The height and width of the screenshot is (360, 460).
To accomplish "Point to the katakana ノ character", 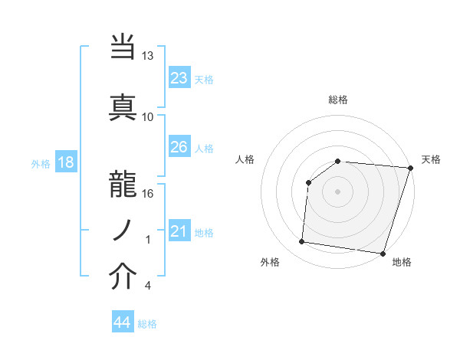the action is [x=123, y=228].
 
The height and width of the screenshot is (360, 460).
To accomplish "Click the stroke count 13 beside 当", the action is [x=148, y=56].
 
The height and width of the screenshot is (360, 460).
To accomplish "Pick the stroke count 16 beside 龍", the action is [x=148, y=193].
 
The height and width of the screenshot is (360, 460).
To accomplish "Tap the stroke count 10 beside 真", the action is [x=148, y=116].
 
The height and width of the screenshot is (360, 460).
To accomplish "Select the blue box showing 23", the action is [x=179, y=78].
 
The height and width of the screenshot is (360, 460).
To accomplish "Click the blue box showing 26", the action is [x=179, y=147].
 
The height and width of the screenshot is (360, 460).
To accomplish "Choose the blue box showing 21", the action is [x=179, y=231].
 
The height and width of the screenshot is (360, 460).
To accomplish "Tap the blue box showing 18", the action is [x=64, y=162].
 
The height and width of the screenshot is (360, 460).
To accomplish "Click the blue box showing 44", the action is [x=122, y=322].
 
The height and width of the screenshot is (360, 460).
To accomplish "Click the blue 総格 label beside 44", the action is [x=147, y=324].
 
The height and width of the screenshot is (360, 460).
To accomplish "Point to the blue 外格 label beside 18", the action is [x=41, y=163].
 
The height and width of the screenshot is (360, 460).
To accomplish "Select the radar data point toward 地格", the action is [x=382, y=253].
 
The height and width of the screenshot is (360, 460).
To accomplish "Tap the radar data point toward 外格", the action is [x=302, y=242].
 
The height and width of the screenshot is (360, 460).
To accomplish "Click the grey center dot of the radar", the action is [x=337, y=191].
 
